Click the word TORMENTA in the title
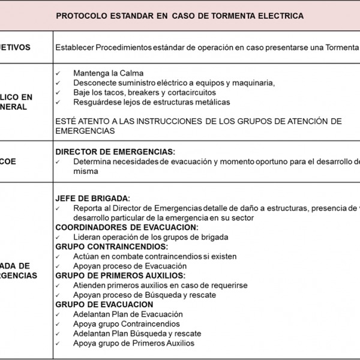click(232, 16)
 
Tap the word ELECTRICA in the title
click(279, 16)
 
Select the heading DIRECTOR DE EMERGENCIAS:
click(115, 152)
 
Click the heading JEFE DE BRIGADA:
click(92, 199)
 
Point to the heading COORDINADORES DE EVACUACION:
click(126, 227)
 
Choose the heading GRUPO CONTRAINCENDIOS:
click(112, 247)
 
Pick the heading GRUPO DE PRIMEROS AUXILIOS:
click(120, 275)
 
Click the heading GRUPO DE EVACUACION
click(104, 304)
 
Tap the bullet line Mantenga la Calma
click(108, 73)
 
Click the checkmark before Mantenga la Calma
click(58, 73)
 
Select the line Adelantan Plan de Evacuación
click(128, 314)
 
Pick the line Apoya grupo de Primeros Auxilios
click(133, 343)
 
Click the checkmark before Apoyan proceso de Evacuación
click(58, 266)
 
